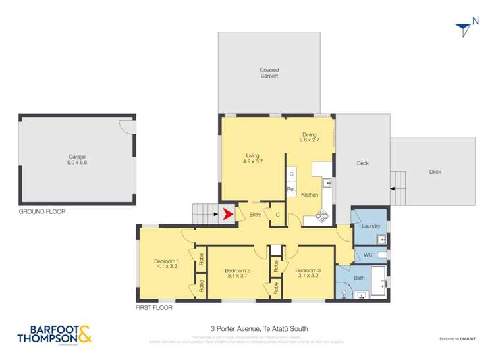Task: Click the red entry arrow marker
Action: coord(228,214)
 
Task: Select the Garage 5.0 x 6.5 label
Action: coord(77,160)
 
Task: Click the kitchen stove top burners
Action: coord(323,214)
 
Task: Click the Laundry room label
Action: coord(371,226)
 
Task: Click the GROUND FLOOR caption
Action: coord(41,212)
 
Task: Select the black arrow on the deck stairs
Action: coord(393,188)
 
